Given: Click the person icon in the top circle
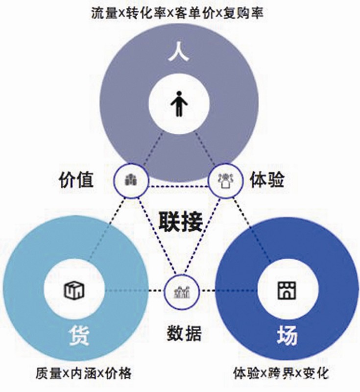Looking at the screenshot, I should [179, 105].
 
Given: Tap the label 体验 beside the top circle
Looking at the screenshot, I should [267, 180].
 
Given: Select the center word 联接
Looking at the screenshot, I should [181, 222].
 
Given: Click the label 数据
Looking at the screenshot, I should [181, 334].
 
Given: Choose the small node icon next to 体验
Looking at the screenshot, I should [222, 180].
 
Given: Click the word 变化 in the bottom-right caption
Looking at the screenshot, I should [316, 373].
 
